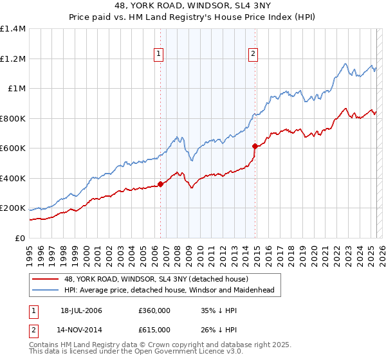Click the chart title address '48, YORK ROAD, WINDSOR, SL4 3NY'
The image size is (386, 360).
(192, 6)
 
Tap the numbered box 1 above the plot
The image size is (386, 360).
(158, 54)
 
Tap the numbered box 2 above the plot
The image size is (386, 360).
(253, 54)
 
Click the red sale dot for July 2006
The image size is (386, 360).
(161, 184)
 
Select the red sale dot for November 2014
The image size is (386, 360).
(255, 146)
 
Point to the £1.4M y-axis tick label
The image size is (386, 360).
(13, 29)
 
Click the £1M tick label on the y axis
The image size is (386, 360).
(16, 89)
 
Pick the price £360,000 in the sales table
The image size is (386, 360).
(154, 310)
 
